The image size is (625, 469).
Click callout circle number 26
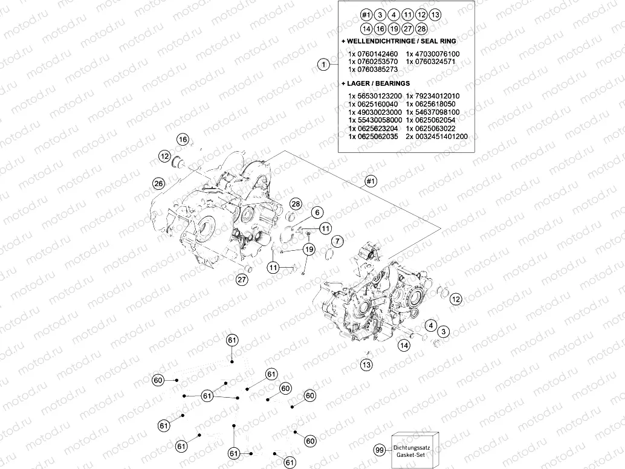(159, 183)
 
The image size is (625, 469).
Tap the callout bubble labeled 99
(379, 450)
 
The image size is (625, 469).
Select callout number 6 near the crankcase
(317, 212)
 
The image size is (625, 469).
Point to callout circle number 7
(337, 241)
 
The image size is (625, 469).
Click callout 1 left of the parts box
(323, 64)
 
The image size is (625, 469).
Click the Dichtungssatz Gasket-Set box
(414, 450)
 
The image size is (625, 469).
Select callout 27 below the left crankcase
(242, 279)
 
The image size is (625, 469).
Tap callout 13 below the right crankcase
(367, 364)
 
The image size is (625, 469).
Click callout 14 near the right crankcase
(404, 344)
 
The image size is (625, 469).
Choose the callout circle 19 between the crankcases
(309, 249)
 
